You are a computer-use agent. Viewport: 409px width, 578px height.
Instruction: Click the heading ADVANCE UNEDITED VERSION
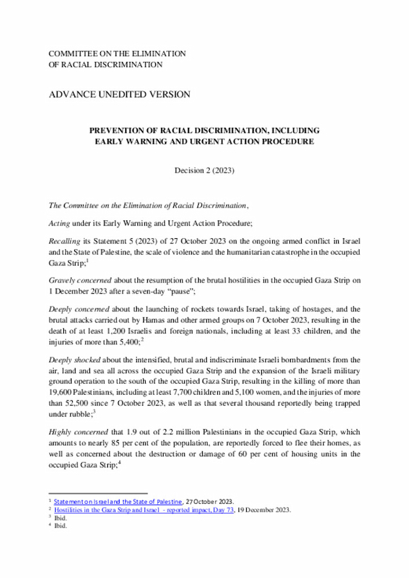(x=120, y=95)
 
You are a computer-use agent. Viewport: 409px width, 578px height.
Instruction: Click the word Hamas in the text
(x=180, y=320)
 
